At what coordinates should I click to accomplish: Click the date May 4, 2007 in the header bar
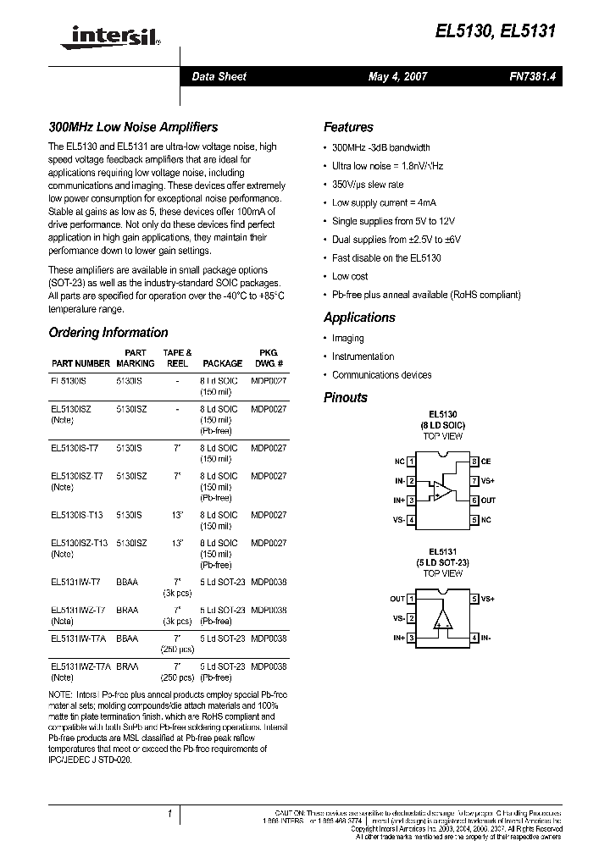(x=397, y=76)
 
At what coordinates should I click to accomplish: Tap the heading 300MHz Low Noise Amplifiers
(x=133, y=127)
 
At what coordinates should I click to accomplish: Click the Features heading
(x=348, y=127)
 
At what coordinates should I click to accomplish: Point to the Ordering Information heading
(x=108, y=333)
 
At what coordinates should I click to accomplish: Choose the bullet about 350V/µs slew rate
(x=368, y=185)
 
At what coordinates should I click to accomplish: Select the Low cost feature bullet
(x=350, y=276)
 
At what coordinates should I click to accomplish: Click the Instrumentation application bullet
(x=363, y=357)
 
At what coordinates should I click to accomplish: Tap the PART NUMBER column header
(x=80, y=363)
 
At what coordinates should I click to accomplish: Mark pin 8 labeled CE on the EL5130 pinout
(x=480, y=462)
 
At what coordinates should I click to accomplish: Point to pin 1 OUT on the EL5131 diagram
(x=402, y=599)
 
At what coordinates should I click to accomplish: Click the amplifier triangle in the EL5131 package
(x=441, y=619)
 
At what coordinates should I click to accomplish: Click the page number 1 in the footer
(x=170, y=815)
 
